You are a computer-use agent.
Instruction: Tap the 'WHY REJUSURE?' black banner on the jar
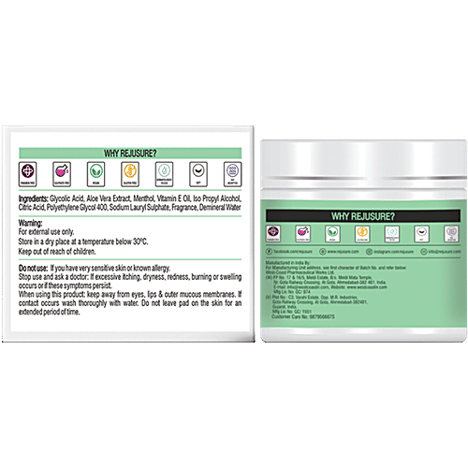pyautogui.click(x=363, y=216)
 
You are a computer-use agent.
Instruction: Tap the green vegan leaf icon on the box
pyautogui.click(x=95, y=172)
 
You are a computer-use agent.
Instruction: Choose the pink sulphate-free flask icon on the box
pyautogui.click(x=61, y=172)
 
